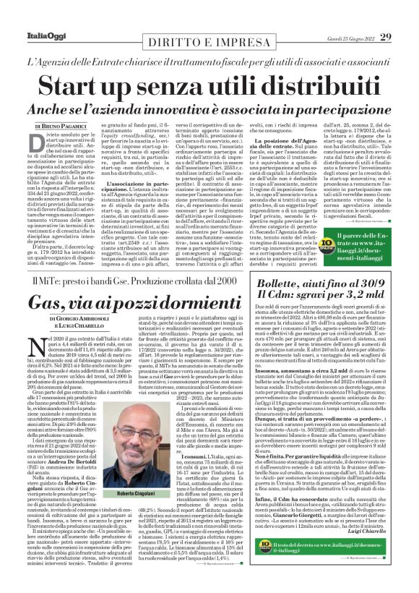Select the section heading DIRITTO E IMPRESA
(x=209, y=43)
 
